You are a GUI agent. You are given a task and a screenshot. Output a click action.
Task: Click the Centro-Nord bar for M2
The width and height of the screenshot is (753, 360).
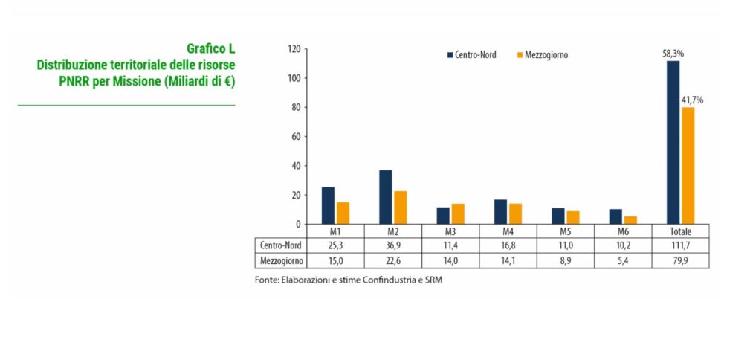pos(385,197)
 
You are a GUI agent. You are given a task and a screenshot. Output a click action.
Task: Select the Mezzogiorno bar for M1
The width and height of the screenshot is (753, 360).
pos(343,213)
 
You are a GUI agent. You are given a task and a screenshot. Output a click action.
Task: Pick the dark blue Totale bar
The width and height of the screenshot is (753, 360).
pos(673,142)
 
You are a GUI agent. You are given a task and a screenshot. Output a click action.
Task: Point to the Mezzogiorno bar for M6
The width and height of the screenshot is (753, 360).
pos(630,219)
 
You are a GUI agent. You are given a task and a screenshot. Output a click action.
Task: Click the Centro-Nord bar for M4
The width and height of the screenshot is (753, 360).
pos(500,211)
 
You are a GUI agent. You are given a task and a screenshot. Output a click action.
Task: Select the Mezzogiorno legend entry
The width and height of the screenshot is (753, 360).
pos(542,55)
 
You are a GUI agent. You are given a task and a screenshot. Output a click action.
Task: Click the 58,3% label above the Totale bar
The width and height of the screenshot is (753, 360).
pos(673,54)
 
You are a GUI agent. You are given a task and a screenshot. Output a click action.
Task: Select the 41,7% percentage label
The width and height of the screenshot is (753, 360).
pos(690,100)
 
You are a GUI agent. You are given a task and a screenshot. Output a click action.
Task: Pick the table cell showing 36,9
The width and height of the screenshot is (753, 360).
pos(392,245)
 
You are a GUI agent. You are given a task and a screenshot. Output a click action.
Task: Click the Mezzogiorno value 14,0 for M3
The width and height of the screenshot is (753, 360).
pos(450,260)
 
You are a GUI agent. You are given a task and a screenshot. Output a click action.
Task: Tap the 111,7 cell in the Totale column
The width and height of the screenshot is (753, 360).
pos(680,245)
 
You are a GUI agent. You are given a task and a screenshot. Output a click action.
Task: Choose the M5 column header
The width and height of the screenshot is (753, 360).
pos(565,230)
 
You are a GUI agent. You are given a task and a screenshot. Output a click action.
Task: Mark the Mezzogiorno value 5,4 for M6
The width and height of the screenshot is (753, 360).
pos(623,260)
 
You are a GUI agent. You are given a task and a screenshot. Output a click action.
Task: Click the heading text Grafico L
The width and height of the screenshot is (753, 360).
pos(211,49)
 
